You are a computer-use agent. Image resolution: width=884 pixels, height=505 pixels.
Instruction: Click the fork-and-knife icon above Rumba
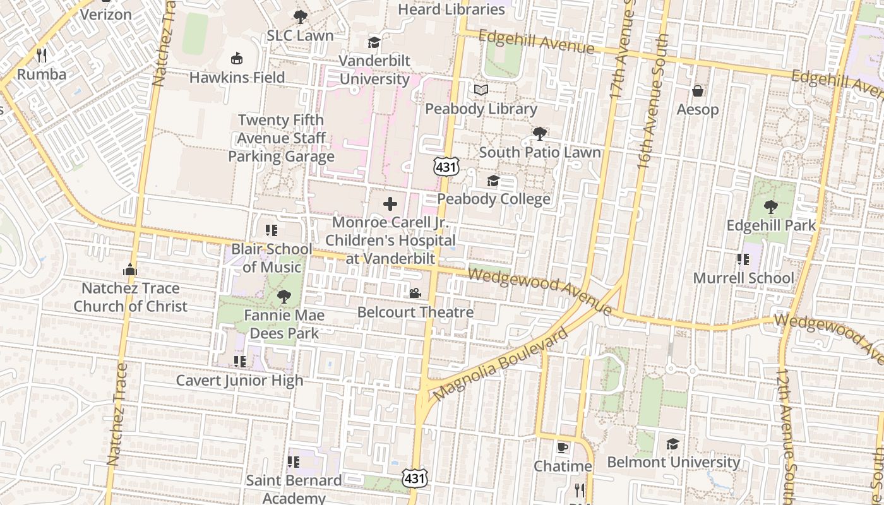(x=42, y=55)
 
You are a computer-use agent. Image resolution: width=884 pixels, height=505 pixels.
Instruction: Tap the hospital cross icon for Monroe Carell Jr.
(x=390, y=203)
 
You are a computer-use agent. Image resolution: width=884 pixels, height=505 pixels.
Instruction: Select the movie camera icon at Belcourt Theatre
(x=415, y=293)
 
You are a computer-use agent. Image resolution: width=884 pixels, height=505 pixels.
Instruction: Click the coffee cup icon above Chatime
(x=562, y=448)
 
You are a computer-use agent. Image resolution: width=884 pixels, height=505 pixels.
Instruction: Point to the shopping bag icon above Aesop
(x=698, y=91)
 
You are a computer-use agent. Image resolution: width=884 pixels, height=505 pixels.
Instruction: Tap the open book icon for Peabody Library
(x=481, y=90)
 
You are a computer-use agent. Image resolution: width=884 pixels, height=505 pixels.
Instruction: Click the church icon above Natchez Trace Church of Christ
(x=130, y=270)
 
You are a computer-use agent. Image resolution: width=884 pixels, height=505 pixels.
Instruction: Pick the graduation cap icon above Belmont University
(x=673, y=443)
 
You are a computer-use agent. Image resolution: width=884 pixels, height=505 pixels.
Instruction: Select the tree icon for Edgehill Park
(x=770, y=206)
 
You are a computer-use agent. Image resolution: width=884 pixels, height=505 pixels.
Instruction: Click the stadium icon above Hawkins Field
(x=237, y=59)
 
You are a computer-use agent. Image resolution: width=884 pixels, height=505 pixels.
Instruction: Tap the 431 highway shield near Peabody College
(x=446, y=166)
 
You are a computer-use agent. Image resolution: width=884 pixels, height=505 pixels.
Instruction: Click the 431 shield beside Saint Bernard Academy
(x=415, y=478)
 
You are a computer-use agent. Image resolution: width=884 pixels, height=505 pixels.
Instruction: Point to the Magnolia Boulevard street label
(x=500, y=365)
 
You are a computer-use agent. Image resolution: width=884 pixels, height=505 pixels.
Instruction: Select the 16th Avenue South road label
(x=652, y=101)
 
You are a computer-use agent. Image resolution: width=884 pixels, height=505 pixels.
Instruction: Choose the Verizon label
(x=106, y=14)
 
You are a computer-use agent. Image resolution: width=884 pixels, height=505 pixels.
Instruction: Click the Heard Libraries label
(x=451, y=9)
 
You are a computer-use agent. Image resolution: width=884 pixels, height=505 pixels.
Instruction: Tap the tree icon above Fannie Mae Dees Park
(x=284, y=296)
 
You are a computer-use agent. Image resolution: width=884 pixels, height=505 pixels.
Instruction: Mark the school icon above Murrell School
(x=743, y=259)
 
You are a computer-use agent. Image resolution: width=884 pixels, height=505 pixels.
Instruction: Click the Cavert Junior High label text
(x=239, y=380)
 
